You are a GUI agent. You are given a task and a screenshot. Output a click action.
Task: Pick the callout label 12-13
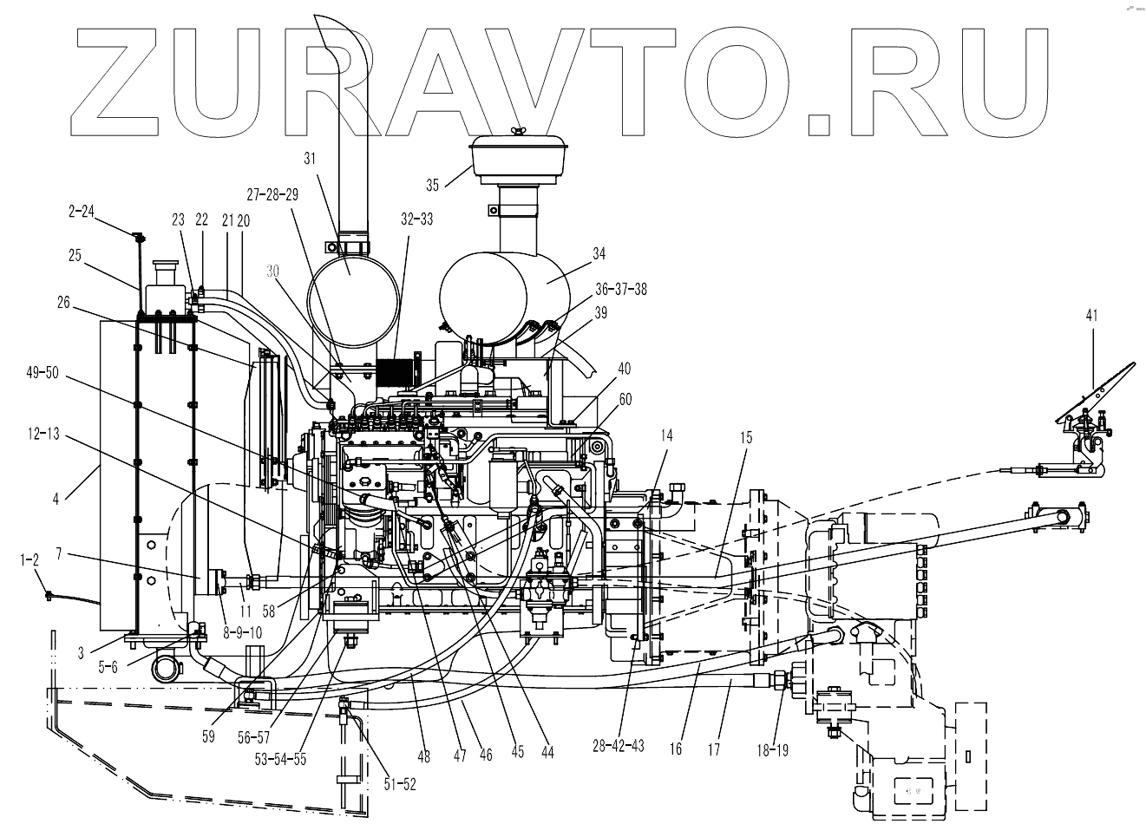click(x=41, y=434)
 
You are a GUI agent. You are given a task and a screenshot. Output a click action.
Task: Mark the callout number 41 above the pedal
click(x=1091, y=317)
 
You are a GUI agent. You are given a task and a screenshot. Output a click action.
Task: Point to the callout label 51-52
click(x=400, y=784)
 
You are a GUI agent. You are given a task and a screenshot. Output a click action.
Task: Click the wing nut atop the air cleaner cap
click(x=519, y=131)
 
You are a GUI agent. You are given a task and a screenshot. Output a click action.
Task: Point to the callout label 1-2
click(x=29, y=561)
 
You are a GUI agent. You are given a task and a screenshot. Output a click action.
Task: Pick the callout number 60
click(x=625, y=399)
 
